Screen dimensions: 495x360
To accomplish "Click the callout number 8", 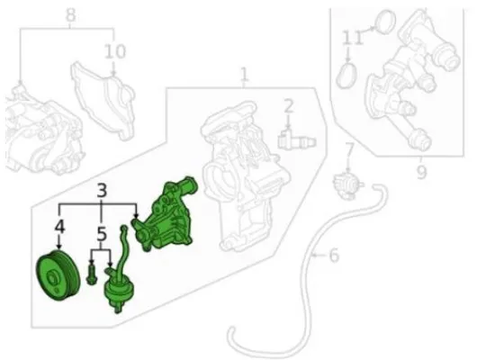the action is pyautogui.click(x=71, y=14).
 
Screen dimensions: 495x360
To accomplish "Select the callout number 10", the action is pyautogui.click(x=115, y=51).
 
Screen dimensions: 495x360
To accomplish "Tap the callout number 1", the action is pyautogui.click(x=244, y=75).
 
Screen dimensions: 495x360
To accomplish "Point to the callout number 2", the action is pyautogui.click(x=289, y=106).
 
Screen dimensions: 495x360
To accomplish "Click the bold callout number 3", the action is pyautogui.click(x=101, y=191).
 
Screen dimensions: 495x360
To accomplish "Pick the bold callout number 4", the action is pyautogui.click(x=59, y=227).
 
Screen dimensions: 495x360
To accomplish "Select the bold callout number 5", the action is pyautogui.click(x=101, y=234).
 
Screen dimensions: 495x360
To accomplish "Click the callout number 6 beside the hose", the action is pyautogui.click(x=334, y=255).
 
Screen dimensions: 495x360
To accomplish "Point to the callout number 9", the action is pyautogui.click(x=421, y=172).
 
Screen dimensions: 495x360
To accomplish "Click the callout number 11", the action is pyautogui.click(x=352, y=38).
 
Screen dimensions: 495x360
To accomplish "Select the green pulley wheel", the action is pyautogui.click(x=58, y=275).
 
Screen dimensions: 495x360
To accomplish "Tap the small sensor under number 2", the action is pyautogui.click(x=296, y=139).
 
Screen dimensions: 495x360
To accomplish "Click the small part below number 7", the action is pyautogui.click(x=348, y=184).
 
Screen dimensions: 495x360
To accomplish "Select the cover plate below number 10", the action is pyautogui.click(x=104, y=100).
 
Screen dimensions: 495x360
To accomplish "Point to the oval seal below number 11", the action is pyautogui.click(x=346, y=76).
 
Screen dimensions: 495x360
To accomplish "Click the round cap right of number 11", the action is pyautogui.click(x=385, y=22).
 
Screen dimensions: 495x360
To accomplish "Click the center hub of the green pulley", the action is pyautogui.click(x=52, y=278).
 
